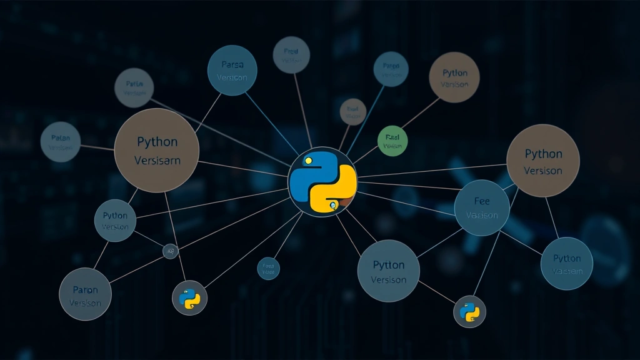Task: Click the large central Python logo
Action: click(x=322, y=182)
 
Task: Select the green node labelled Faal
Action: click(x=392, y=140)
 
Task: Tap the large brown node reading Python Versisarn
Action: click(x=157, y=151)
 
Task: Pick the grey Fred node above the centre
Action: click(x=291, y=55)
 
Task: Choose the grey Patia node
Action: click(x=134, y=87)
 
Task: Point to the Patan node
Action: click(x=61, y=142)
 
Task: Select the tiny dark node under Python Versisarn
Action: click(x=170, y=251)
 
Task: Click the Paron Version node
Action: click(x=85, y=294)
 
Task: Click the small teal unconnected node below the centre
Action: click(x=268, y=268)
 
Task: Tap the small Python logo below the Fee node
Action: click(x=469, y=311)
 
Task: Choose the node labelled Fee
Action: click(x=482, y=208)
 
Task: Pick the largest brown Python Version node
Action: click(x=542, y=161)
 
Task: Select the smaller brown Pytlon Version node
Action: click(x=454, y=77)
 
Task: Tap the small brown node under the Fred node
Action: click(x=352, y=112)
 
